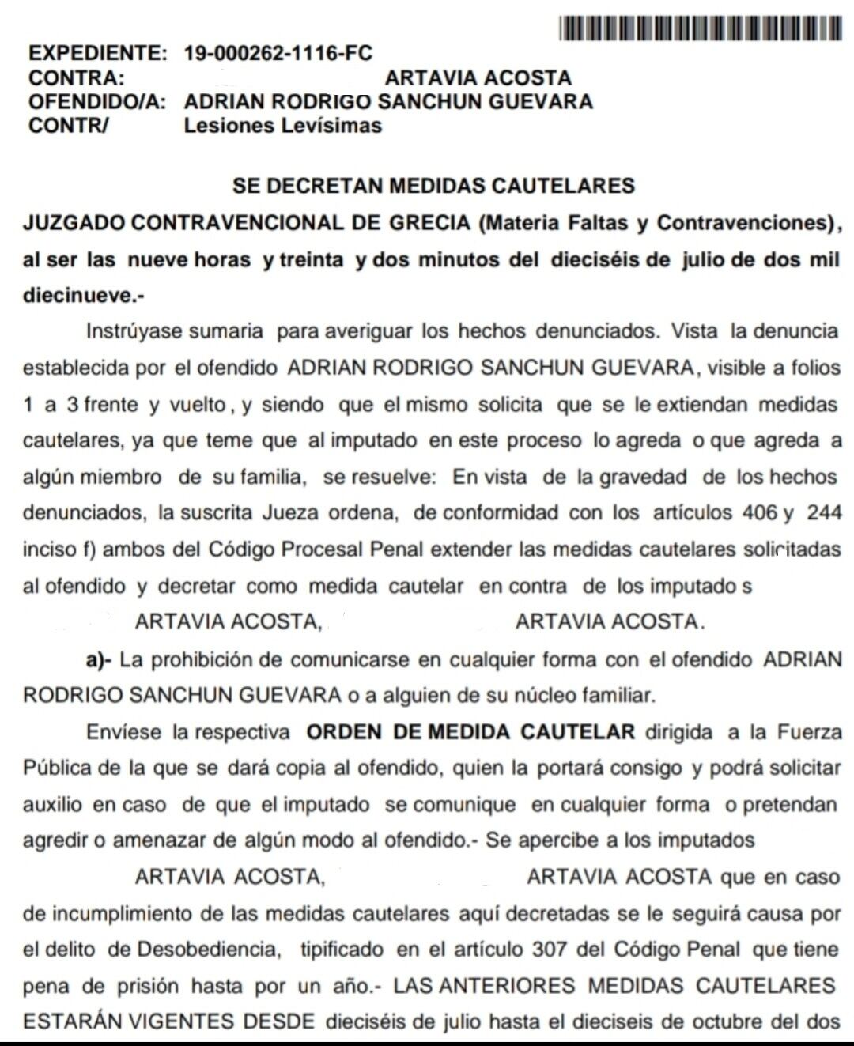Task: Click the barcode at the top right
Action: pos(700,29)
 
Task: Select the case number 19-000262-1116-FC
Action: pos(278,54)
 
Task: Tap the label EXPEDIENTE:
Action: pos(98,54)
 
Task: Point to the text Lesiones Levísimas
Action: pos(282,126)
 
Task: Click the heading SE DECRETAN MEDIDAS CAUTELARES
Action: pos(433,186)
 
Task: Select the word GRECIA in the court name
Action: pos(429,222)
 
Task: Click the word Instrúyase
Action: pos(134,331)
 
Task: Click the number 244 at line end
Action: pos(823,513)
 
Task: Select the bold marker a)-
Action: pos(102,659)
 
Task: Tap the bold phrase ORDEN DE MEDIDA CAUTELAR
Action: pos(470,731)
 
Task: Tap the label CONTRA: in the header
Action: pos(77,78)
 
